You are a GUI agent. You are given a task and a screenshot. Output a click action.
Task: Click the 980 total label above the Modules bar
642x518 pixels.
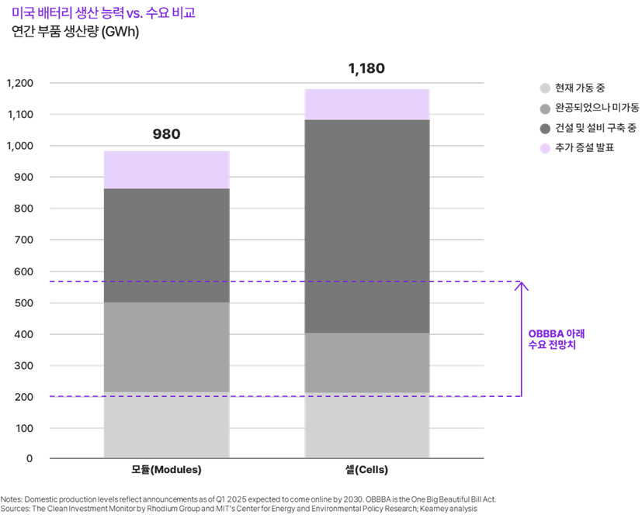166,134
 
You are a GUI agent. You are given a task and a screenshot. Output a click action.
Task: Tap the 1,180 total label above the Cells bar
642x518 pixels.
366,69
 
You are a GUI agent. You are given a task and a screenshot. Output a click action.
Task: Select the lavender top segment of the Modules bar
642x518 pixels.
166,170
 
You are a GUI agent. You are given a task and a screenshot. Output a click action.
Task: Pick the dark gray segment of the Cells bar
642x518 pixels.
366,226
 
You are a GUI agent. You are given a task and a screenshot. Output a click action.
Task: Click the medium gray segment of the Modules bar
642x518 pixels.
166,347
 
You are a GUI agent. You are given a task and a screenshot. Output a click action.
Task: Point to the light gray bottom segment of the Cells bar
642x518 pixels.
366,426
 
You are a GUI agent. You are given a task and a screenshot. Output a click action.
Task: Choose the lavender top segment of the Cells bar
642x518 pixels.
366,104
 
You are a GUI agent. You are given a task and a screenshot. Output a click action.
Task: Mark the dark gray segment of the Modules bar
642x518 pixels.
166,245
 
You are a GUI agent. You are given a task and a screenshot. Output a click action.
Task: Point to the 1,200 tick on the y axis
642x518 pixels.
19,83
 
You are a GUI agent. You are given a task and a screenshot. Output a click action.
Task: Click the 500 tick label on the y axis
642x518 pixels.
24,302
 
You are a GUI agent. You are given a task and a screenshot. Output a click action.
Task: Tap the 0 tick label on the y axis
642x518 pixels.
29,458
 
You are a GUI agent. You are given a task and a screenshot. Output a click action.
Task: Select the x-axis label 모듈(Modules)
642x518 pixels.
166,470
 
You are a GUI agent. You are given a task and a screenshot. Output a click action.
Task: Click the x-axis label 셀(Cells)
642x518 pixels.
366,470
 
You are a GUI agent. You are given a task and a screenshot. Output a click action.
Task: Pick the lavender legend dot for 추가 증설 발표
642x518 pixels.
545,147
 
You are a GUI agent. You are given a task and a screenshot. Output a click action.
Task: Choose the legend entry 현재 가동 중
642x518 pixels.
574,88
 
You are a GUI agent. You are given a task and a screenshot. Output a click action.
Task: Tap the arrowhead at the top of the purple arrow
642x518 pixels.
522,285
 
